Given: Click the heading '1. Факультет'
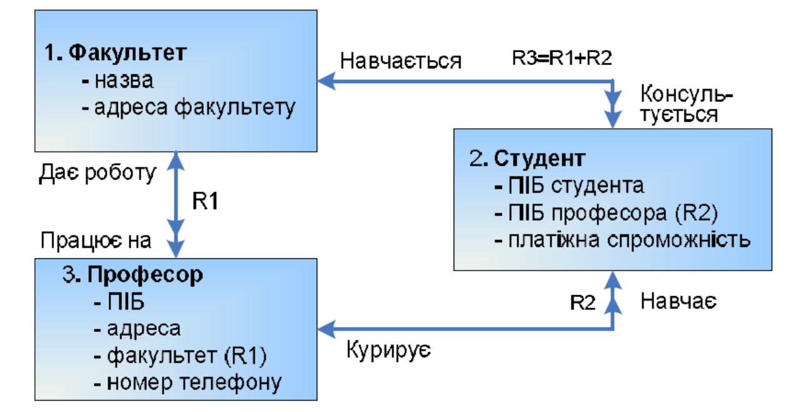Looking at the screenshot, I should click(116, 53).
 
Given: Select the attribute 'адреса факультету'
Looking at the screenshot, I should click(188, 108).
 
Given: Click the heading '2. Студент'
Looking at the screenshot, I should click(528, 158).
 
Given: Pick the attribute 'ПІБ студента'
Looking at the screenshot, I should click(569, 186).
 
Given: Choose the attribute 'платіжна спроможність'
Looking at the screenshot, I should click(621, 239).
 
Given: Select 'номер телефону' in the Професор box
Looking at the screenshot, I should click(187, 381).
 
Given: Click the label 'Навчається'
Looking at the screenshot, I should click(400, 61).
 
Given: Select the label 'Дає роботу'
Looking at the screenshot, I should click(97, 173).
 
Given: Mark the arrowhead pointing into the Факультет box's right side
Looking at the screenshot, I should click(325, 81).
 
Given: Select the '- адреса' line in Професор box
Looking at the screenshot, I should click(137, 328).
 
